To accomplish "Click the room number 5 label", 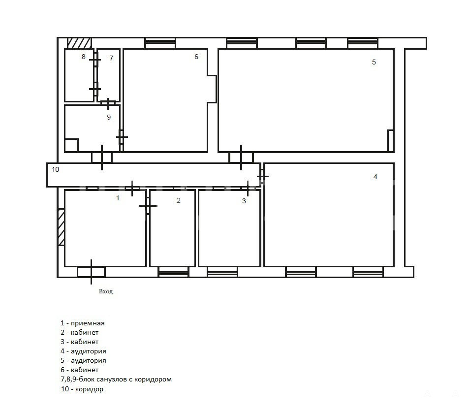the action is tap(374, 62).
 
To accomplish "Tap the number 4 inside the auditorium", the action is tap(375, 177).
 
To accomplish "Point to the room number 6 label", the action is tap(196, 57).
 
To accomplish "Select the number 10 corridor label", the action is tap(56, 169).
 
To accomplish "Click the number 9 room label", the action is tap(109, 117).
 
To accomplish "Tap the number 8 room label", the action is tap(84, 57).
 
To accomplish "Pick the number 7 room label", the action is tap(111, 58).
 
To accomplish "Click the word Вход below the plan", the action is tap(106, 291).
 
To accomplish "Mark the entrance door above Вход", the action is tap(91, 272).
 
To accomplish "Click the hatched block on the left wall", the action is tap(61, 227).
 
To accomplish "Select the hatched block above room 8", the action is tap(79, 43).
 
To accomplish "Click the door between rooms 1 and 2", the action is tap(148, 206).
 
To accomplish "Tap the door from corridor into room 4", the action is tap(262, 176).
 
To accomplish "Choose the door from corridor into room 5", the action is tap(241, 158).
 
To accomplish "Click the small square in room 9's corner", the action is tap(71, 145).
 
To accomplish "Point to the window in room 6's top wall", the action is tap(160, 43).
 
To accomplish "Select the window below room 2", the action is tap(174, 272).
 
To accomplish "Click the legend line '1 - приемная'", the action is tap(83, 323).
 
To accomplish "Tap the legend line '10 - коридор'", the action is tap(82, 389).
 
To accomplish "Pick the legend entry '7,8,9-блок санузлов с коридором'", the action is tap(116, 379).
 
